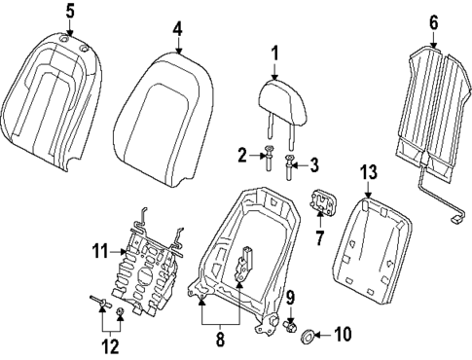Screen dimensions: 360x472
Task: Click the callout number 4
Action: [178, 30]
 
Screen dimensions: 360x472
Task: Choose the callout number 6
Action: [433, 20]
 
